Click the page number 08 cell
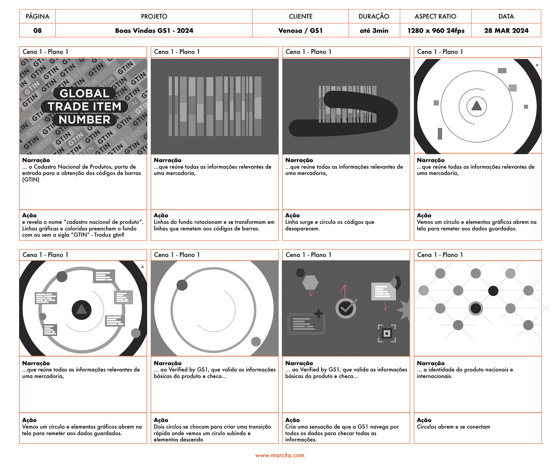37,31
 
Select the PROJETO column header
154,16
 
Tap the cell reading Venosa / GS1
300,31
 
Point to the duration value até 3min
374,31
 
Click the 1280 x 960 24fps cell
436,31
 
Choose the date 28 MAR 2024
506,31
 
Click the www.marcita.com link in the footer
280,455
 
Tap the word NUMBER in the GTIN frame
85,120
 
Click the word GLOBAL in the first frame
85,93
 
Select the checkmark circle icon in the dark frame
346,308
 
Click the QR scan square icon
387,333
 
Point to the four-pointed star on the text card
319,313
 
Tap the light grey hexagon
310,282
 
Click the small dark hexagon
300,273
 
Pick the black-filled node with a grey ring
476,308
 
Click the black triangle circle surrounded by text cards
82,310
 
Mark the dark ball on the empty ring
182,285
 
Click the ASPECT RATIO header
435,16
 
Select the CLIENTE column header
300,16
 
